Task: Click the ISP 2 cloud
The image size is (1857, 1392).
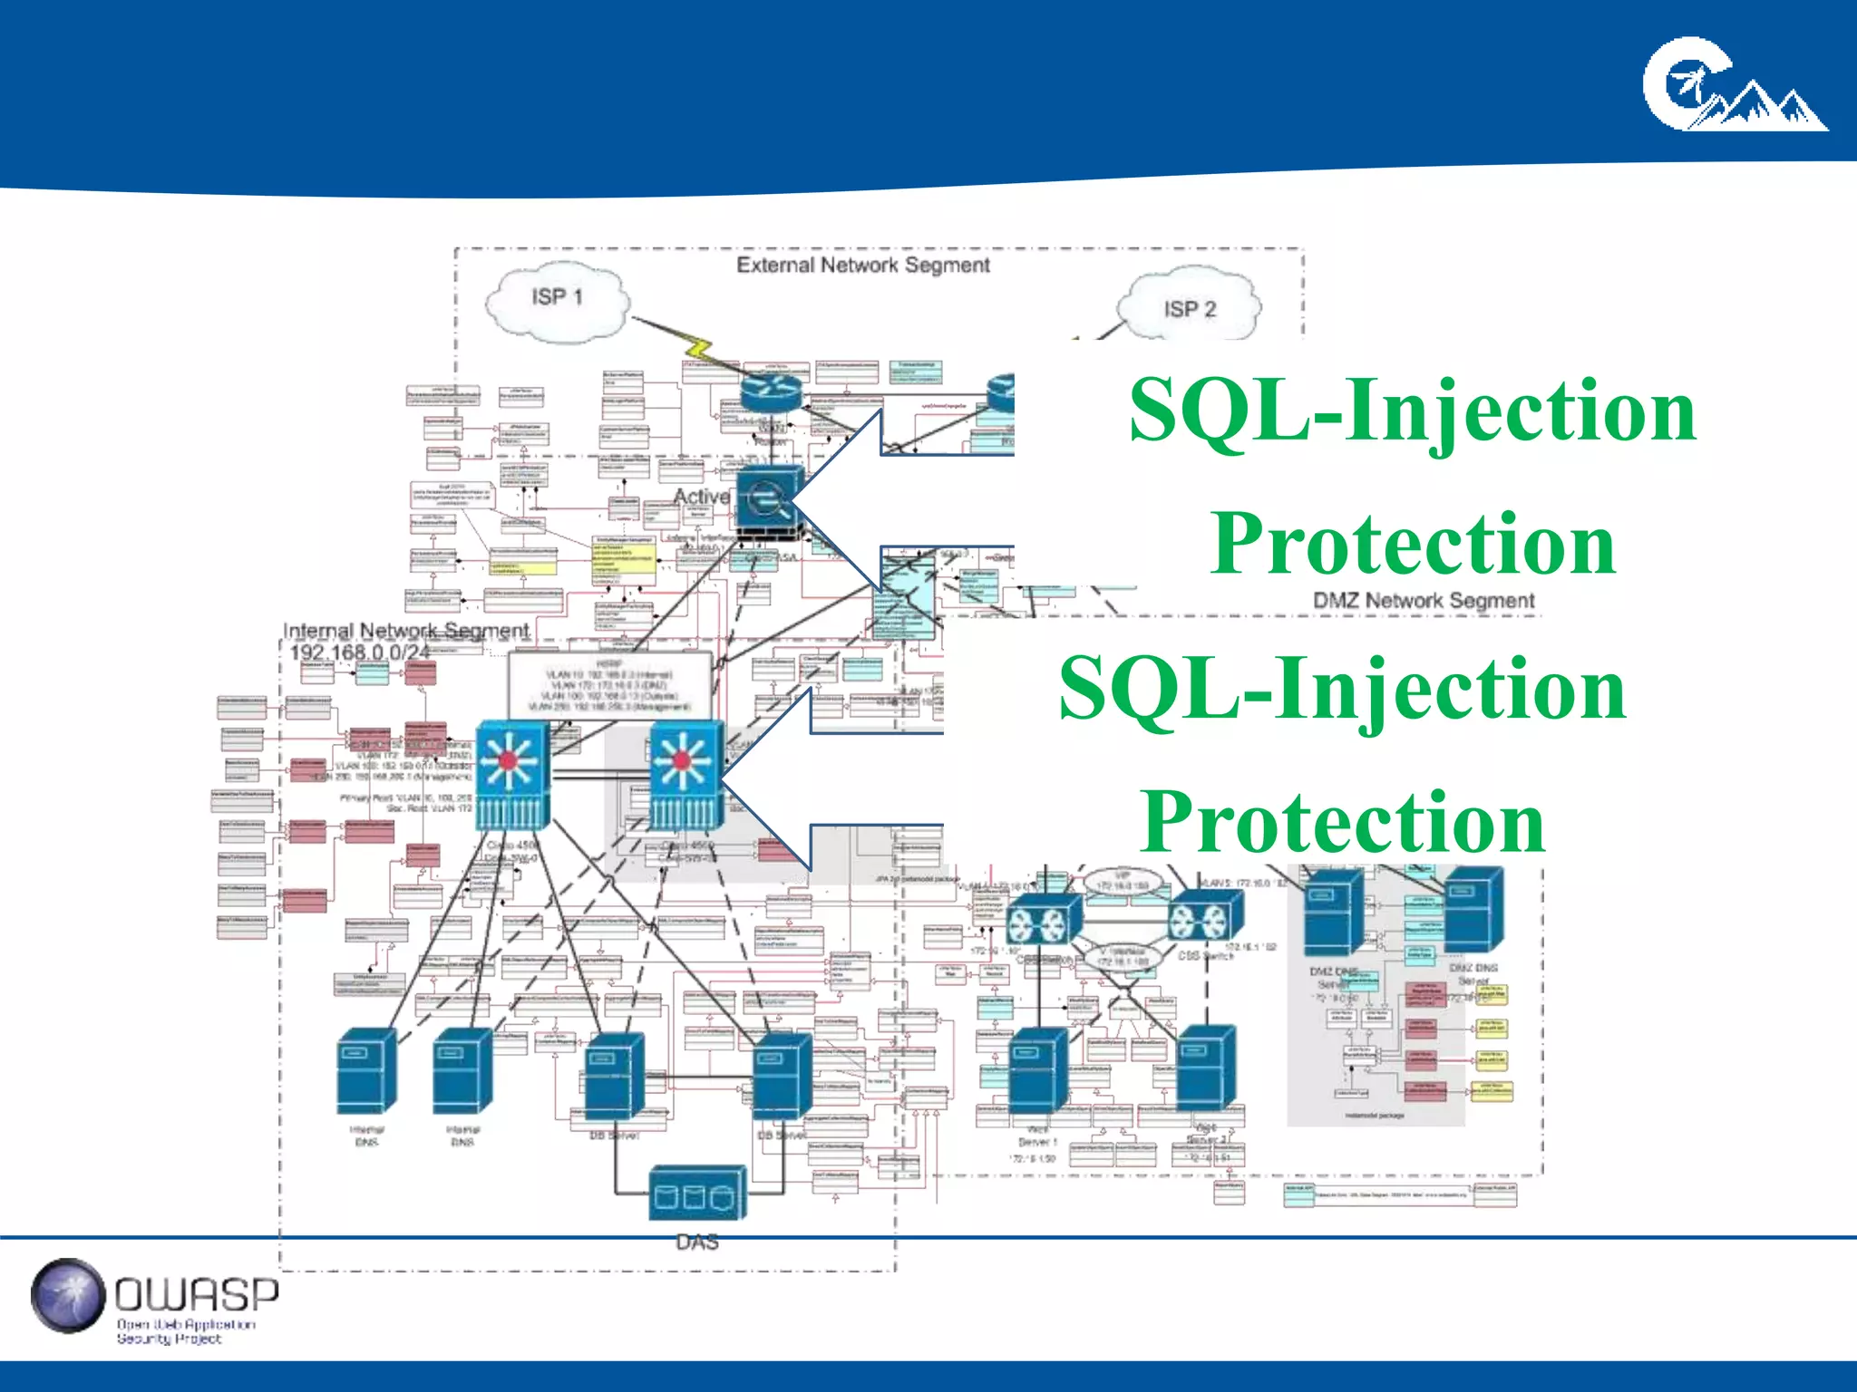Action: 1189,307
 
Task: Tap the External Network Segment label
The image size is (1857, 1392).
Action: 862,266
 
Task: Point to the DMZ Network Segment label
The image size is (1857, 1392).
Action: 1423,601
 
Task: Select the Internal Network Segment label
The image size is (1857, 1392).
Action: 405,630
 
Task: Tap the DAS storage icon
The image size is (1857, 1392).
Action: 697,1194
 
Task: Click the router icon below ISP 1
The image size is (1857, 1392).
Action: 771,391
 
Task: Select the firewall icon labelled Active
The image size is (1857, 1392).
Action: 769,499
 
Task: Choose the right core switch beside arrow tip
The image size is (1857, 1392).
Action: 686,775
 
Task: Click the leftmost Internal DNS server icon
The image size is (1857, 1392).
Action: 366,1072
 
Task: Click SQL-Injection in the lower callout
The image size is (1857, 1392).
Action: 1342,689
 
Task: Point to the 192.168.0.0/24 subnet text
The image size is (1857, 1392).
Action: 359,652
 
